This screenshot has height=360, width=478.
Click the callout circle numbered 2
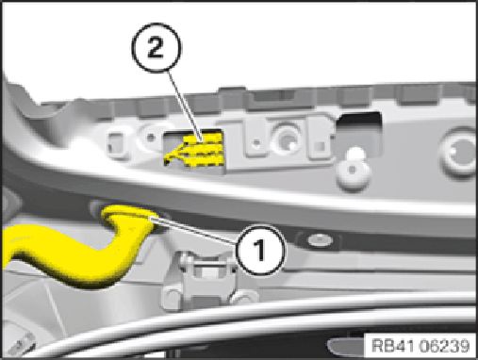click(157, 48)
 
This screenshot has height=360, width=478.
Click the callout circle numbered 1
click(260, 250)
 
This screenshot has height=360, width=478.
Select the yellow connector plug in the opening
click(195, 150)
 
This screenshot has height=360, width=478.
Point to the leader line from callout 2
click(185, 106)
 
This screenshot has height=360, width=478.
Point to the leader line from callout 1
click(194, 230)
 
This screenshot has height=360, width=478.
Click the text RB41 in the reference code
click(393, 346)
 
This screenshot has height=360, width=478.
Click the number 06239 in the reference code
click(444, 346)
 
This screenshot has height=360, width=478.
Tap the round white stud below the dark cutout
click(353, 170)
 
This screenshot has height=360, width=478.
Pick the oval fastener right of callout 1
click(319, 240)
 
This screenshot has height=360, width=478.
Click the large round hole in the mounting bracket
click(287, 138)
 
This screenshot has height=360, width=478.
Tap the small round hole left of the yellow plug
click(151, 138)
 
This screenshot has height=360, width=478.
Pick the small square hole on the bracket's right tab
click(320, 146)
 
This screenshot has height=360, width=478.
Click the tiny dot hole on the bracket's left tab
click(256, 143)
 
